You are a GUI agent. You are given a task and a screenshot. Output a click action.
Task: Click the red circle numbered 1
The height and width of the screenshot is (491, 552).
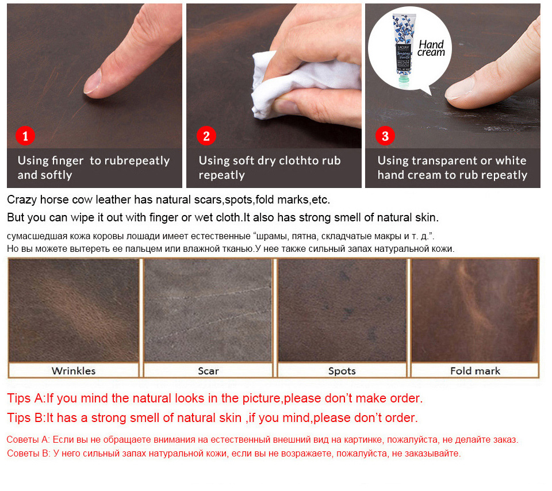click(x=25, y=136)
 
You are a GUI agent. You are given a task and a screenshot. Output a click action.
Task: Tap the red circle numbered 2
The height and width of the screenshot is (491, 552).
click(x=206, y=136)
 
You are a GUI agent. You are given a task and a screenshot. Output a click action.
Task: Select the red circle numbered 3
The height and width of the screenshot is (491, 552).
click(x=385, y=136)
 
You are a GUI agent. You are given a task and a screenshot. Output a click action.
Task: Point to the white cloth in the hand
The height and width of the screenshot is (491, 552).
click(x=303, y=85)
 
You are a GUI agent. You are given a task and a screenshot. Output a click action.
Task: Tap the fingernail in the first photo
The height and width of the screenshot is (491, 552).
click(x=93, y=82)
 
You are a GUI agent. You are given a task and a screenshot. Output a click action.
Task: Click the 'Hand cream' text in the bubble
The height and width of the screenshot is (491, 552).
click(x=431, y=48)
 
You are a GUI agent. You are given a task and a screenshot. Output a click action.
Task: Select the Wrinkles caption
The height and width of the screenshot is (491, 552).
click(x=74, y=371)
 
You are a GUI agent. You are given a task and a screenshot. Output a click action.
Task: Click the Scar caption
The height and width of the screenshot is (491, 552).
click(x=208, y=371)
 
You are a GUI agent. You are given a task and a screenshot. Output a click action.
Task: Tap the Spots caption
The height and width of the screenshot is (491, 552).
click(x=342, y=371)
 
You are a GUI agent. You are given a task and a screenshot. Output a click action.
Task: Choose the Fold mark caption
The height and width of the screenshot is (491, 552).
click(x=476, y=371)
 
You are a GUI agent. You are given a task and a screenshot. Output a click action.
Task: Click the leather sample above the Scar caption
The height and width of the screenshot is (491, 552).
click(x=208, y=310)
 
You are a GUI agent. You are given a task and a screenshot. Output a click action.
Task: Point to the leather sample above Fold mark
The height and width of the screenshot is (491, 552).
click(x=475, y=310)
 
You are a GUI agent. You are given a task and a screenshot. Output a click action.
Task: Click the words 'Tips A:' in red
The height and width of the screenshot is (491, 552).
click(x=26, y=398)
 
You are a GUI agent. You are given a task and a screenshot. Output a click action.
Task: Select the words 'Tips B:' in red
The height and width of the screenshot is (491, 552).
click(x=26, y=418)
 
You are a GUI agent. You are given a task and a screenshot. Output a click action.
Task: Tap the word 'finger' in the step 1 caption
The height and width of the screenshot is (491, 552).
click(x=67, y=161)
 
